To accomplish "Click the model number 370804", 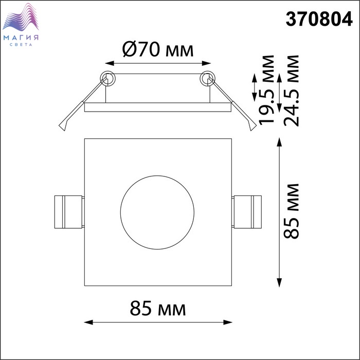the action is tap(319, 19).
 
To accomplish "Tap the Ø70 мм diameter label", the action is tap(158, 49).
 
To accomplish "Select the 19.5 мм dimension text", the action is tap(266, 90).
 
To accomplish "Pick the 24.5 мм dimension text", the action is tap(291, 91).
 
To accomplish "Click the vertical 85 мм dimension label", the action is tap(291, 211).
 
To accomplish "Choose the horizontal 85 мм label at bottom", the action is tap(158, 309).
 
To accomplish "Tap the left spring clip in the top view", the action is tap(69, 212).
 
